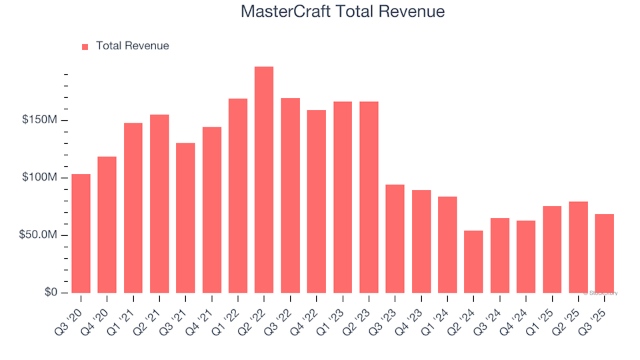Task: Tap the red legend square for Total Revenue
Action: point(85,47)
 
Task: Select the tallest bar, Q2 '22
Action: point(264,180)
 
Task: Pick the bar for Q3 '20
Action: point(81,233)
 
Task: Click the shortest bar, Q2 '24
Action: point(473,262)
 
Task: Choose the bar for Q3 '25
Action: point(604,253)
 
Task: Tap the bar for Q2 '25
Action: point(578,247)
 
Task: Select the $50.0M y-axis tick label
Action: point(38,235)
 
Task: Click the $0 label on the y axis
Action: point(51,293)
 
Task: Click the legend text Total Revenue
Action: point(132,46)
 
